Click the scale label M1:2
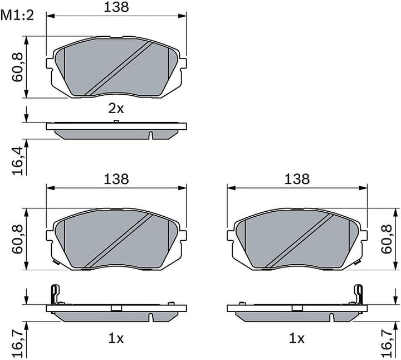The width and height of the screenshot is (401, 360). click(x=17, y=16)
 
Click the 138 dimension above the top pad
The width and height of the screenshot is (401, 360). click(x=116, y=7)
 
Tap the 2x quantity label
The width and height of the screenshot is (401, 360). click(x=116, y=109)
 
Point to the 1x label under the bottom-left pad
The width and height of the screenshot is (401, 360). click(x=116, y=339)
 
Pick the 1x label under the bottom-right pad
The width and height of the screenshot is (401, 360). click(x=297, y=339)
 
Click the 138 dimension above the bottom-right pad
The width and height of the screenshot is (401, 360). click(x=297, y=179)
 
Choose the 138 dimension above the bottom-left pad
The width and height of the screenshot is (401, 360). click(x=116, y=179)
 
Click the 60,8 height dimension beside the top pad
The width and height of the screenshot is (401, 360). click(x=18, y=67)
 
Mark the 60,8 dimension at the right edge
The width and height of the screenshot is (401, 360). click(x=387, y=239)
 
